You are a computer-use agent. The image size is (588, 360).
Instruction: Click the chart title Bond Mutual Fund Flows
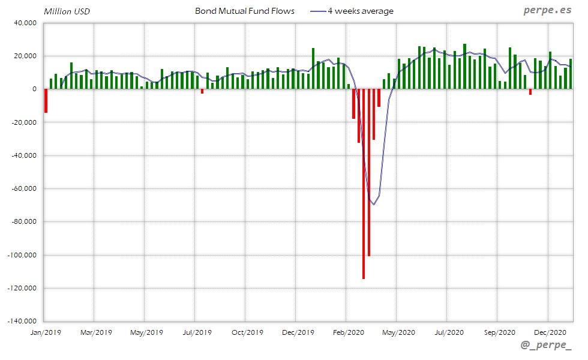[x=244, y=11]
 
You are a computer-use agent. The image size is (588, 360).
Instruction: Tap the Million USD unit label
[x=67, y=11]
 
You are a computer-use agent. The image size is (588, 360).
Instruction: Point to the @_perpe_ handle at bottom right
[x=546, y=346]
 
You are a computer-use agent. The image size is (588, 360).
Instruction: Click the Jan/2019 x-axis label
[x=46, y=332]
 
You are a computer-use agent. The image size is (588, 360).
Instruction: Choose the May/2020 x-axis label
[x=398, y=332]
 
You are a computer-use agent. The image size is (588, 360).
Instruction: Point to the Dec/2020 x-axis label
[x=550, y=332]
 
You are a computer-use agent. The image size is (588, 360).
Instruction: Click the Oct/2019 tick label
[x=247, y=332]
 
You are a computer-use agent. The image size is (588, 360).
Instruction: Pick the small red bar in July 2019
[x=202, y=91]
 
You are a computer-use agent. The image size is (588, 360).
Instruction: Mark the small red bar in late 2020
[x=530, y=92]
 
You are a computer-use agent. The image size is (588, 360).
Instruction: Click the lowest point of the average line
[x=373, y=205]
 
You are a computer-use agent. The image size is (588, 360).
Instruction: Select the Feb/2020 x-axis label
[x=348, y=332]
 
